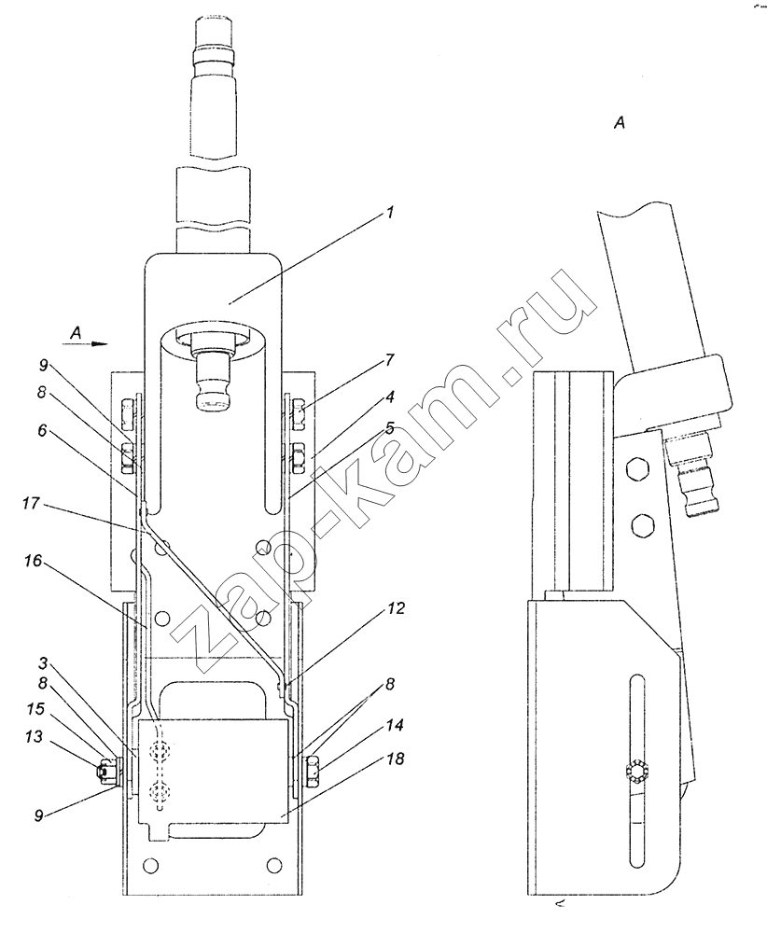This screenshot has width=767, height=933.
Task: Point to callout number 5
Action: (389, 428)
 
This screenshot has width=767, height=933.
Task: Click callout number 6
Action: (42, 429)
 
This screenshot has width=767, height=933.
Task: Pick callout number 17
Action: (31, 504)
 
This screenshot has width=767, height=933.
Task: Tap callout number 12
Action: (396, 608)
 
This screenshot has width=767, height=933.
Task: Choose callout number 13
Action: (34, 736)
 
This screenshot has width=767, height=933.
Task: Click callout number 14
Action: (395, 725)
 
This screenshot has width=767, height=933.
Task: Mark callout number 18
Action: (395, 758)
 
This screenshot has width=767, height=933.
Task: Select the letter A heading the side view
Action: (620, 123)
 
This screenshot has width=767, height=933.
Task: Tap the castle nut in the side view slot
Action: (636, 772)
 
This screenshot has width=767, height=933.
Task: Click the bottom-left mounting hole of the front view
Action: (151, 863)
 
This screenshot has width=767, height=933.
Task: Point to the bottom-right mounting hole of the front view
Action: (273, 863)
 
